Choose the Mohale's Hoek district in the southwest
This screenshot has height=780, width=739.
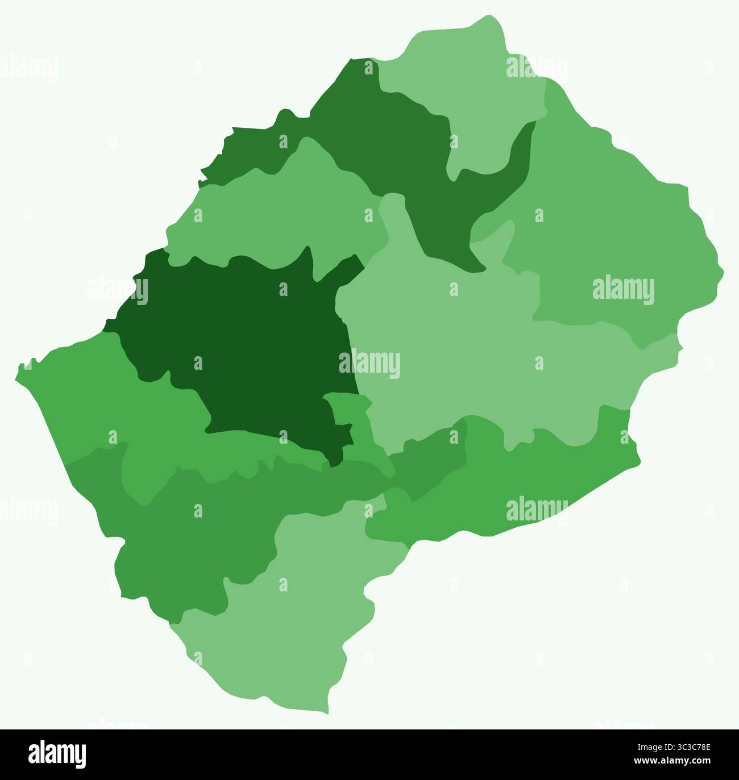click(x=188, y=528)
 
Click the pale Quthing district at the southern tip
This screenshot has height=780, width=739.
click(x=284, y=625)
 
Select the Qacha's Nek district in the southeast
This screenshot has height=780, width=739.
click(x=512, y=483)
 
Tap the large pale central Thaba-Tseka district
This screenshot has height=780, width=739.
click(x=466, y=352)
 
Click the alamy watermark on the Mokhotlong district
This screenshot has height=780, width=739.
click(x=623, y=290)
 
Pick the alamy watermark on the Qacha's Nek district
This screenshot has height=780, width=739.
click(x=536, y=509)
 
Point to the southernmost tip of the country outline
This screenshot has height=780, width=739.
click(x=327, y=713)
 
